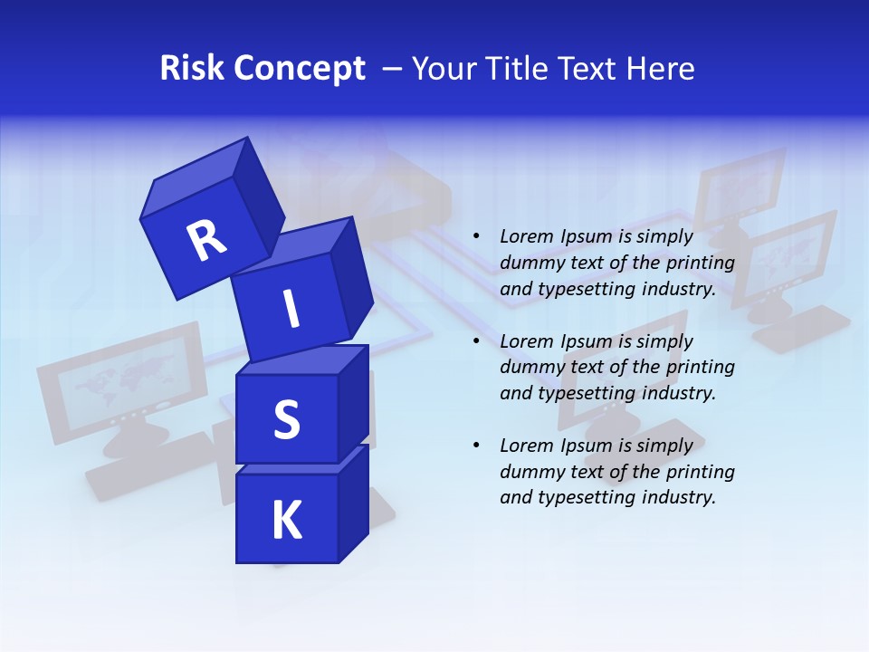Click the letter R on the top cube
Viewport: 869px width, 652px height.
click(206, 240)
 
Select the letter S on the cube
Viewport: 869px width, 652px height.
click(286, 420)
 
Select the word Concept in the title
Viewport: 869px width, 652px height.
click(298, 69)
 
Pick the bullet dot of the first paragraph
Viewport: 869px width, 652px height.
click(476, 237)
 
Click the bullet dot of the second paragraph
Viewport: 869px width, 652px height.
click(476, 341)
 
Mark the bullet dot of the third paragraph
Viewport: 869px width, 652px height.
click(476, 446)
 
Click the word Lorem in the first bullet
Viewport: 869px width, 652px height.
click(525, 237)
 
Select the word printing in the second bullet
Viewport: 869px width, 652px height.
click(700, 368)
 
